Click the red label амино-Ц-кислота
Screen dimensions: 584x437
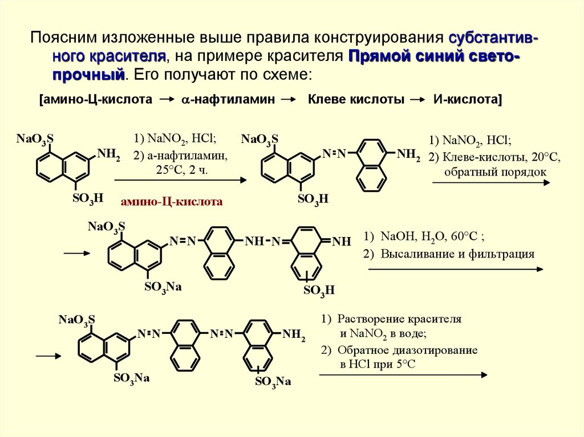point(171,201)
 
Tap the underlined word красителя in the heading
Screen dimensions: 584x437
point(128,56)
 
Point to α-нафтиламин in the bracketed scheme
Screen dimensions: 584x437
point(229,99)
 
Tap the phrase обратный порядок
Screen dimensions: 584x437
point(488,171)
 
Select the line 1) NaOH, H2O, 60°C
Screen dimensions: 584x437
point(424,236)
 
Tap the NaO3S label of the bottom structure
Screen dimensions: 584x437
point(77,319)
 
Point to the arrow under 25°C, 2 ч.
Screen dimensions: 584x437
point(181,181)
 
